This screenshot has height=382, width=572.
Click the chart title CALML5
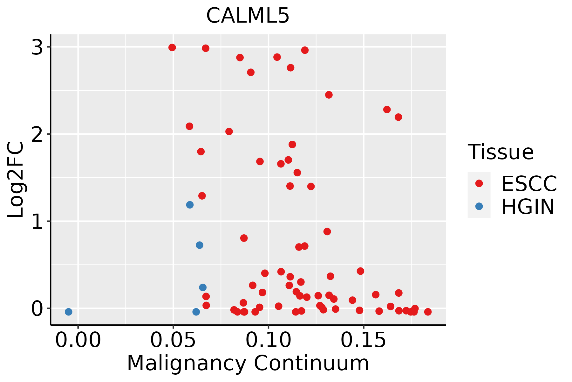pyautogui.click(x=248, y=16)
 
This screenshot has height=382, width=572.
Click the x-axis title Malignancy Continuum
pyautogui.click(x=248, y=363)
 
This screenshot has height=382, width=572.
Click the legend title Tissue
pyautogui.click(x=500, y=152)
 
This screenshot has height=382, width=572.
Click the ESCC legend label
pyautogui.click(x=529, y=184)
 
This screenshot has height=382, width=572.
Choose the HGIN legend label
pyautogui.click(x=528, y=207)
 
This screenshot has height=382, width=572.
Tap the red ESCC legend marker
pyautogui.click(x=479, y=183)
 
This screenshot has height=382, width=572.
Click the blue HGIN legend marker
pyautogui.click(x=479, y=206)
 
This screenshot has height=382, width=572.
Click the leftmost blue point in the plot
pyautogui.click(x=68, y=312)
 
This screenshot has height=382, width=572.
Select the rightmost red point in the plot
pyautogui.click(x=428, y=312)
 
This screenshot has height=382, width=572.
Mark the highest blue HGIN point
pyautogui.click(x=190, y=205)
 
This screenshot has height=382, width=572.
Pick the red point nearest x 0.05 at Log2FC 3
pyautogui.click(x=172, y=47)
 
